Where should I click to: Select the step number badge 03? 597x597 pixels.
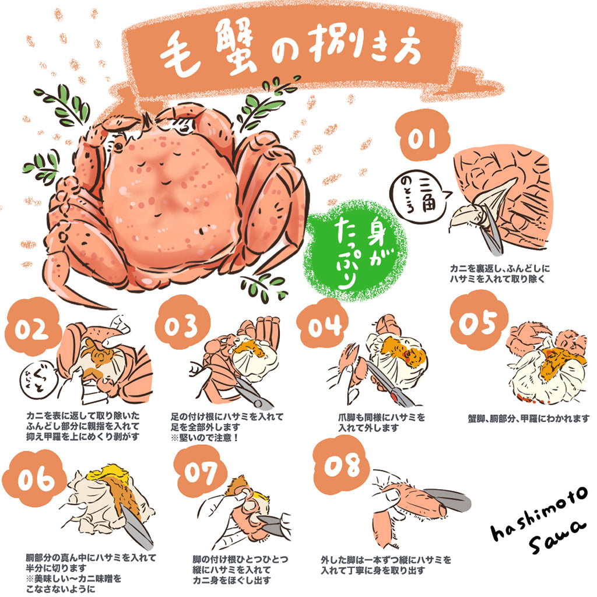tap(180, 327)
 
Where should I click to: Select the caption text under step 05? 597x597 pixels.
tap(528, 419)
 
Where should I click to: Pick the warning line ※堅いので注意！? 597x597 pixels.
tap(205, 437)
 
